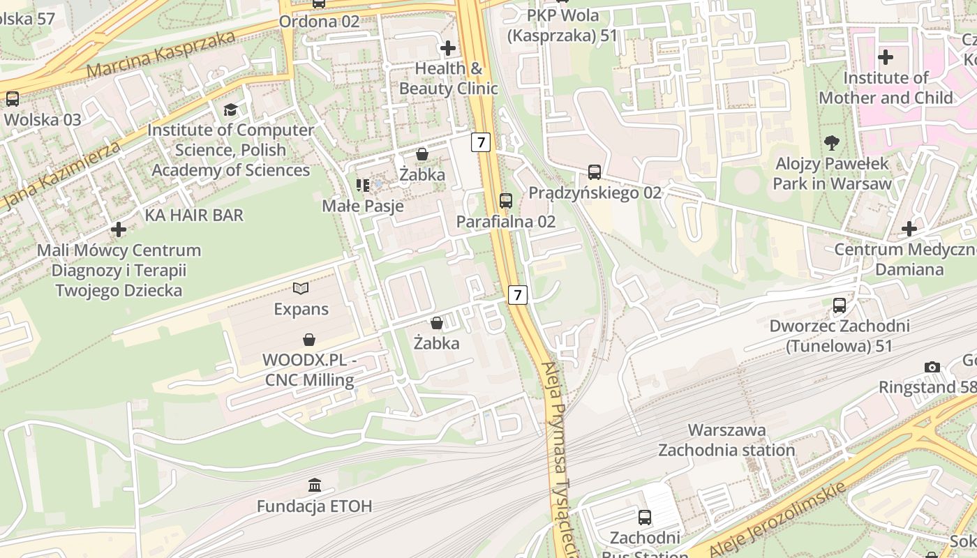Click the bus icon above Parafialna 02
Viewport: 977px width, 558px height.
pyautogui.click(x=506, y=201)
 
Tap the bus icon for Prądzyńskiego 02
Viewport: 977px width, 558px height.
pyautogui.click(x=595, y=172)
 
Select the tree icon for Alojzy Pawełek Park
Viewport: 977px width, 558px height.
pyautogui.click(x=831, y=143)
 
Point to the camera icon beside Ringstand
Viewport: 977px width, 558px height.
pyautogui.click(x=932, y=367)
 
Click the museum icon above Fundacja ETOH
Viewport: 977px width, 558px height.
pyautogui.click(x=315, y=485)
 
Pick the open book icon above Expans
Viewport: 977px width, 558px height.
pyautogui.click(x=301, y=288)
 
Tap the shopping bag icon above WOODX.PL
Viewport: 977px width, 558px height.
pyautogui.click(x=309, y=340)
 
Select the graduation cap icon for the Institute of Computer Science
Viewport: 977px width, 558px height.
pyautogui.click(x=230, y=110)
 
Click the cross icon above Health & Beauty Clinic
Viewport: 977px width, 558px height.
pyautogui.click(x=448, y=48)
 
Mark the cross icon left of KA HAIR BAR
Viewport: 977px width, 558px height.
pyautogui.click(x=119, y=229)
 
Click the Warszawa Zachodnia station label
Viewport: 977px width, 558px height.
pyautogui.click(x=726, y=440)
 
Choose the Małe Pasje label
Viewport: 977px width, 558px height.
pyautogui.click(x=363, y=206)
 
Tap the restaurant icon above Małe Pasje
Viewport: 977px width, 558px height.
pyautogui.click(x=363, y=185)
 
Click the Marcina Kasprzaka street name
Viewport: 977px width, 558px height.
pyautogui.click(x=161, y=53)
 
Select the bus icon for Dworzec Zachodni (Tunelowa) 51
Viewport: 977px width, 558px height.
pyautogui.click(x=840, y=306)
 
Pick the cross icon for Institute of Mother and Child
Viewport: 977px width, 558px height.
pyautogui.click(x=886, y=56)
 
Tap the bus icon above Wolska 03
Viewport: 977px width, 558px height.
pyautogui.click(x=13, y=99)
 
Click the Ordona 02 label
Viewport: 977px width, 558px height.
pyautogui.click(x=319, y=21)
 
